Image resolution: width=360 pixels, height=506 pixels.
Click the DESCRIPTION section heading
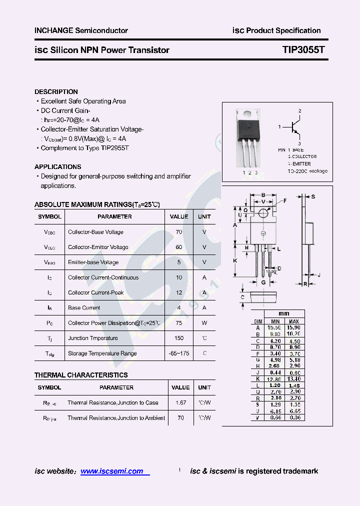tap(56, 92)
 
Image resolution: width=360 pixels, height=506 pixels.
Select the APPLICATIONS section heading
tap(57, 167)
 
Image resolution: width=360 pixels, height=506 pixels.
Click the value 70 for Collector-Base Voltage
tap(179, 232)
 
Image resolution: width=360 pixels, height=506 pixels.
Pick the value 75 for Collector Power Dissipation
tap(179, 323)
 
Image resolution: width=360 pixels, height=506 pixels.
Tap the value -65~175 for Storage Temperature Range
tap(179, 353)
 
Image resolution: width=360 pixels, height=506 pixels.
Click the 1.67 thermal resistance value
tap(180, 402)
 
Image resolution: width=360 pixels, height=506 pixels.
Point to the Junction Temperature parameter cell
tap(93, 338)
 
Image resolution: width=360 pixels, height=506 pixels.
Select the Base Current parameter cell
tap(84, 308)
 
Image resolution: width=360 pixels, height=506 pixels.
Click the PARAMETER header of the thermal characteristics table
tap(116, 387)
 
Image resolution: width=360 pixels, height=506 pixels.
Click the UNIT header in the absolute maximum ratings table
tap(204, 217)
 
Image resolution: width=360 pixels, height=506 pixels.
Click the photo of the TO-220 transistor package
tap(248, 137)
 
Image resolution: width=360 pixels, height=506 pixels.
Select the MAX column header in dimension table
tap(294, 321)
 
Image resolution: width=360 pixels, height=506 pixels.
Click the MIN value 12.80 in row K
tap(275, 379)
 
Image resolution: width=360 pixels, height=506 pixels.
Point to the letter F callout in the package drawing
tap(285, 200)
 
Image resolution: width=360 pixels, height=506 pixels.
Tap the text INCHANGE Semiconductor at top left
tap(81, 30)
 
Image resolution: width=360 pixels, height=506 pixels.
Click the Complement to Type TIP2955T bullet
tap(84, 148)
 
